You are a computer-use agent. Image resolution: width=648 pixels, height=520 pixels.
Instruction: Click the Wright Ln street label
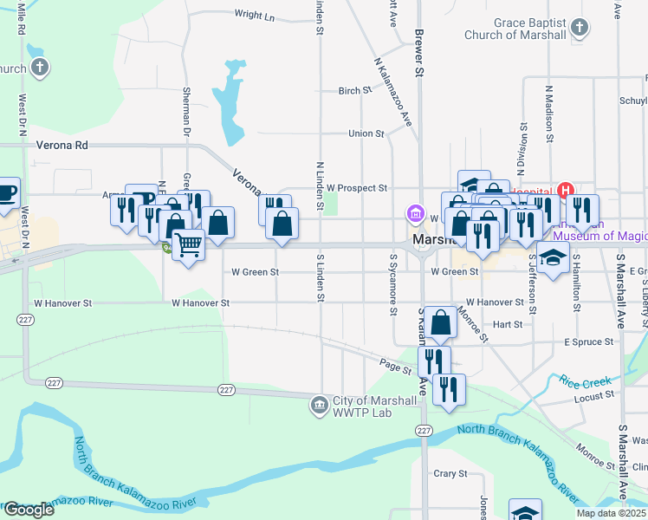[x=254, y=16]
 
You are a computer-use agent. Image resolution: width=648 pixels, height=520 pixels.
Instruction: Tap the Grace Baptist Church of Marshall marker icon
[x=580, y=28]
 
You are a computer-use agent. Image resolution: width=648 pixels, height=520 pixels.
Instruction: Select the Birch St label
[x=354, y=90]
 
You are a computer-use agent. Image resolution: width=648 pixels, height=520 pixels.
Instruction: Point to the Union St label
[x=366, y=133]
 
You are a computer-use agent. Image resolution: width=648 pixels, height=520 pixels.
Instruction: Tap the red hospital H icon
[x=565, y=191]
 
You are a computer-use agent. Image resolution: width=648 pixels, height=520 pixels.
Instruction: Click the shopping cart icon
[x=187, y=244]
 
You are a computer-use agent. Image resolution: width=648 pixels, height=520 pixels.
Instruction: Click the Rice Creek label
[x=585, y=381]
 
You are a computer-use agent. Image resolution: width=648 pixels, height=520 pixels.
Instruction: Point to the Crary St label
[x=450, y=474]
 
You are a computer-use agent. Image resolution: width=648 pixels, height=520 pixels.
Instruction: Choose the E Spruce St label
[x=588, y=342]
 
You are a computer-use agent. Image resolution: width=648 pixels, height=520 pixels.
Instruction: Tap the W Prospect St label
[x=356, y=187]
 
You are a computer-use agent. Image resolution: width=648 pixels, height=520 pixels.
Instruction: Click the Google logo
[x=29, y=509]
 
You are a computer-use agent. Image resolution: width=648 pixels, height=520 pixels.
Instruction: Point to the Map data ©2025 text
[x=611, y=513]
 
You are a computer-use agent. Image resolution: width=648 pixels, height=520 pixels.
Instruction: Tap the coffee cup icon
[x=7, y=192]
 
